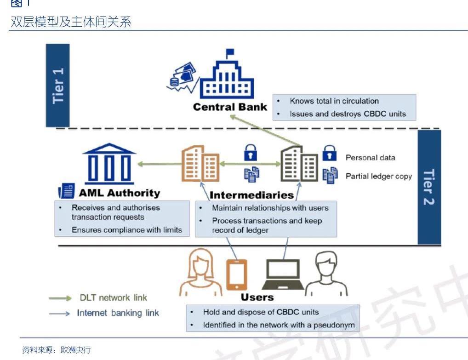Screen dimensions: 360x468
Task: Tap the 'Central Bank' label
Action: coord(230,107)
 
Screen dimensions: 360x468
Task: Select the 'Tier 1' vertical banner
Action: coord(58,85)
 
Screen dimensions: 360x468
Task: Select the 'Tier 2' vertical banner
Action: coord(429,187)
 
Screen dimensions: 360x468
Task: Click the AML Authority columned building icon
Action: coord(109,163)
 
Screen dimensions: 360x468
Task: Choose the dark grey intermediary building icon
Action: coord(299,163)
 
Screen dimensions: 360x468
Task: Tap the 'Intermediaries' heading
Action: coord(251,195)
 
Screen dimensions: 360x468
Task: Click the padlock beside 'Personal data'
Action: coord(330,154)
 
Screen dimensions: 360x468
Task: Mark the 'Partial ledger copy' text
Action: coord(379,176)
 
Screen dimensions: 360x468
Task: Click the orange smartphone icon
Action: coord(237,274)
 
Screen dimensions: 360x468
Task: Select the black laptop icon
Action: coord(283,276)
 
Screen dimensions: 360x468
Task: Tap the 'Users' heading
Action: coord(257,297)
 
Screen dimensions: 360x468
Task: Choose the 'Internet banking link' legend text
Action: coord(118,313)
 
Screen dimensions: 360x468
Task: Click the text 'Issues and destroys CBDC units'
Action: coord(348,114)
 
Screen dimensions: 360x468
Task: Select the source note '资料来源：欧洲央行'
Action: coord(57,350)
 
